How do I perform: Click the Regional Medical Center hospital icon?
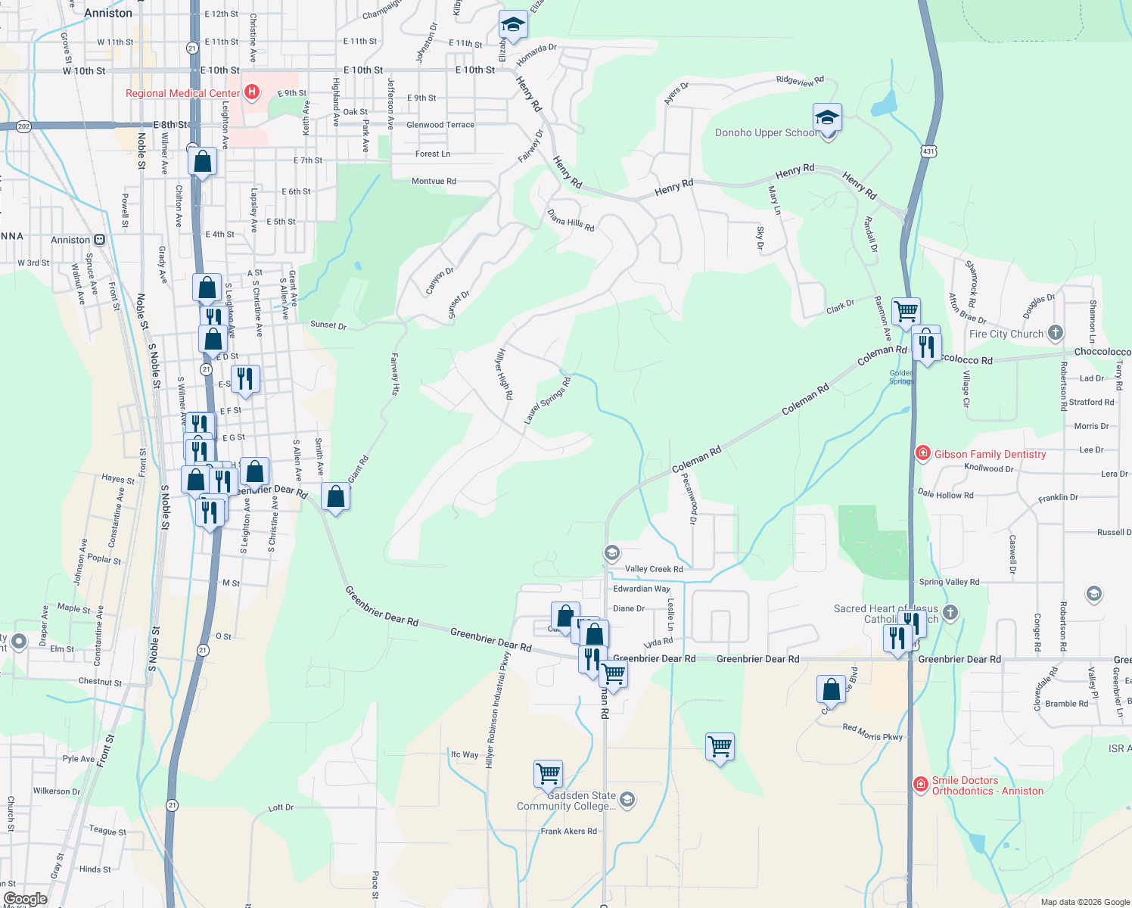(x=252, y=92)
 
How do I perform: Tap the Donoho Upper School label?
(x=766, y=133)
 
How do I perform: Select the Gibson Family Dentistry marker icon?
(x=922, y=454)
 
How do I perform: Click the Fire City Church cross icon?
(x=1056, y=333)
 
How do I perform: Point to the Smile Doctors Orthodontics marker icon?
(x=921, y=785)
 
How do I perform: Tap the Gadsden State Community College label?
(x=566, y=801)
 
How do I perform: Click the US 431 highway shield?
(x=928, y=151)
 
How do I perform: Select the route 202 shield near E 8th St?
(x=23, y=126)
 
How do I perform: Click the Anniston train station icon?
(x=99, y=240)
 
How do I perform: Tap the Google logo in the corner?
(x=26, y=899)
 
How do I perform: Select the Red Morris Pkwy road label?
(x=872, y=732)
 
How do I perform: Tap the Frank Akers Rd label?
(x=568, y=831)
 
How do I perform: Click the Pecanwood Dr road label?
(x=689, y=498)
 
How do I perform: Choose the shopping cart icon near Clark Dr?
(x=906, y=311)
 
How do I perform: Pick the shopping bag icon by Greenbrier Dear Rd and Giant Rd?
(x=335, y=497)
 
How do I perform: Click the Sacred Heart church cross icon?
(x=951, y=612)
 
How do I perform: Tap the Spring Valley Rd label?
(x=949, y=582)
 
